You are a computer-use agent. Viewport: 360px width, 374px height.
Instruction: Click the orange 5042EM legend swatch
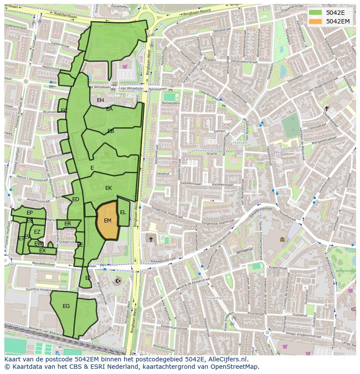pos(316,21)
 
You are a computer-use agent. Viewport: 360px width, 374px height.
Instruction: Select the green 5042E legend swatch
pos(316,12)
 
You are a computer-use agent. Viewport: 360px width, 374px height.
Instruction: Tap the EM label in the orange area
pos(107,221)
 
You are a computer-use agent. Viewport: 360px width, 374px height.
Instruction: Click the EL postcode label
pos(123,212)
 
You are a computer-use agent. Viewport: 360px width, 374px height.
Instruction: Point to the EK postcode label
pos(109,188)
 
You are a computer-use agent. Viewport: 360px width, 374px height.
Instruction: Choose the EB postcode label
pos(111,131)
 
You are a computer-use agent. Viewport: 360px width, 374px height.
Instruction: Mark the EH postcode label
pos(100,100)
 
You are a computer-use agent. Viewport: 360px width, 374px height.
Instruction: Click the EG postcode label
pos(66,306)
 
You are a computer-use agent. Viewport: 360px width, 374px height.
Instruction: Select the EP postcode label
pos(30,213)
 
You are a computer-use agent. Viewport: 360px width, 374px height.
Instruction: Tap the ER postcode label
pos(67,224)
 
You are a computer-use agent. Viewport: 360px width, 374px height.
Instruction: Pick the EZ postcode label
pos(37,232)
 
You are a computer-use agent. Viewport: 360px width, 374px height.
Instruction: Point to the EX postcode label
pos(42,251)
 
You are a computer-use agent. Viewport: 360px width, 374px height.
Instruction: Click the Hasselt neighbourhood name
pos(240,142)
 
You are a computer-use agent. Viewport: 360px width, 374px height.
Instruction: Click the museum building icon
pos(282,239)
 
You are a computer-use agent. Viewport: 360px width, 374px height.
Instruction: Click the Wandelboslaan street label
pos(43,264)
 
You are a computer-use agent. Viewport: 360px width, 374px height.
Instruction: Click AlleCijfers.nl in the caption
pos(227,359)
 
